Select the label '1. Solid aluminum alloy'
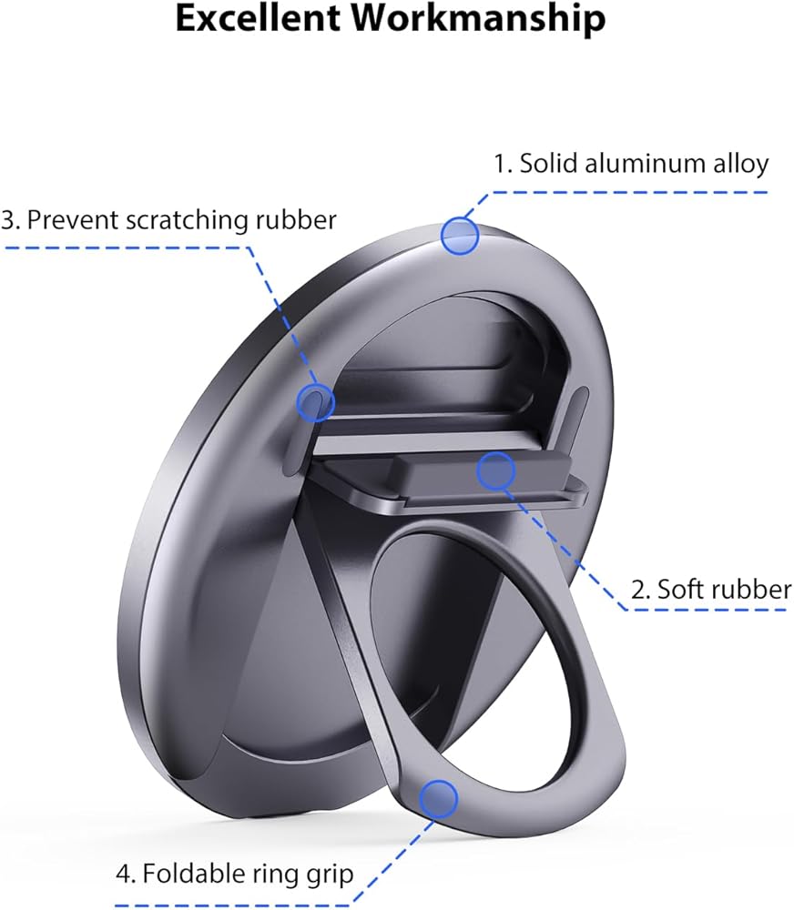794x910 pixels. [x=631, y=164]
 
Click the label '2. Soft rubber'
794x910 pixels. [x=711, y=589]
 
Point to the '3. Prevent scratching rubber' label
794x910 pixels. [x=169, y=219]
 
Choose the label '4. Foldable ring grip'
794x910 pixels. [x=234, y=875]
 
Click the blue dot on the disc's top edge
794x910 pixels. [x=460, y=236]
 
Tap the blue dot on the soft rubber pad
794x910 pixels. [x=496, y=470]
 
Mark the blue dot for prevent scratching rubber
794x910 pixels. [x=316, y=401]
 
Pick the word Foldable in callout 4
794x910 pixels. [x=193, y=875]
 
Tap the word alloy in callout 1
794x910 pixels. [x=739, y=164]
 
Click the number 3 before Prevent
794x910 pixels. [x=9, y=220]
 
